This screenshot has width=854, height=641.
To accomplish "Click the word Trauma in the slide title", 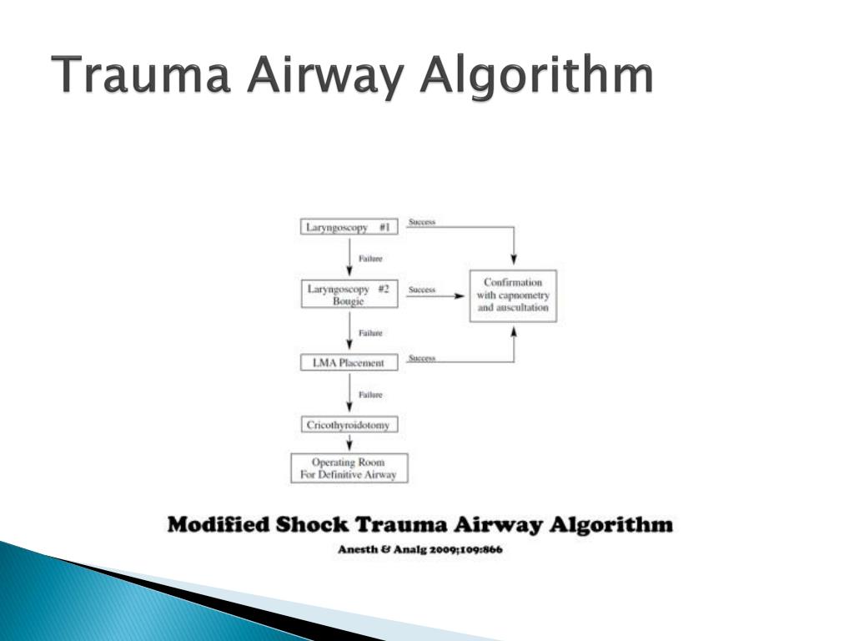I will tap(145, 76).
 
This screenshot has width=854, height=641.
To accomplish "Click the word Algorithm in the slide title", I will tap(536, 76).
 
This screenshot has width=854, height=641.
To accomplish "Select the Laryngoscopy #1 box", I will tap(349, 226).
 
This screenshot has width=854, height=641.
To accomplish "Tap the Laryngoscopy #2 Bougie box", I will tap(349, 295).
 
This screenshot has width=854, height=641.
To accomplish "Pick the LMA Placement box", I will tap(349, 363).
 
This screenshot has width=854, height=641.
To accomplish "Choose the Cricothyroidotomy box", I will tap(349, 425).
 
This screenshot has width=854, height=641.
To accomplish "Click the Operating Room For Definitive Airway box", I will tap(349, 468).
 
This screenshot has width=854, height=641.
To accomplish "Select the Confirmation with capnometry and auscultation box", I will tap(513, 295).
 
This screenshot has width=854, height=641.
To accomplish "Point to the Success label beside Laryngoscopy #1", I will tap(422, 222).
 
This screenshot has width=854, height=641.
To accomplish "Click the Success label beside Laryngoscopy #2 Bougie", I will tap(422, 290).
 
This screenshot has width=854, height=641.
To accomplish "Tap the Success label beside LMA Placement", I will tap(422, 358).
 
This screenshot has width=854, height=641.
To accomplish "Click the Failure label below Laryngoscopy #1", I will tap(370, 259).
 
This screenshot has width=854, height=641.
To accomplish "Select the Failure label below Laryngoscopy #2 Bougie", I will tap(370, 333).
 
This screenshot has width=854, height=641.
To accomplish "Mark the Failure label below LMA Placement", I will tap(370, 395).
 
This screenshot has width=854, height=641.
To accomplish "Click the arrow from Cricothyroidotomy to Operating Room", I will tap(349, 443).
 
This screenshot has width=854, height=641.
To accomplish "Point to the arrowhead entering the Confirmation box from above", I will tap(514, 262).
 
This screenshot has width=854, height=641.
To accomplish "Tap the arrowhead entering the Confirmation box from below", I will tap(514, 331).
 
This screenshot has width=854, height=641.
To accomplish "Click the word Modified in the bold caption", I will tap(217, 526).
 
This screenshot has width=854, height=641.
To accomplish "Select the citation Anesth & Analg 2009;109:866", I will tap(420, 550).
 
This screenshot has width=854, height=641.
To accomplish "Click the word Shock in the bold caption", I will tap(311, 526).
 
